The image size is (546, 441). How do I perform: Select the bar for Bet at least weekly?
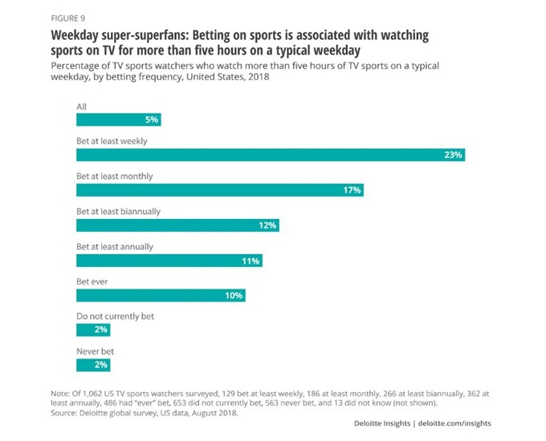270,155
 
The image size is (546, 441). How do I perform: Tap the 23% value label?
453,155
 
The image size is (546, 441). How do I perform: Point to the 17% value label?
352,190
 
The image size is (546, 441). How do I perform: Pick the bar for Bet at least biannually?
177,225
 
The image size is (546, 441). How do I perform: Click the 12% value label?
267,225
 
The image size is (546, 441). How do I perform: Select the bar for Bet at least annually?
169,261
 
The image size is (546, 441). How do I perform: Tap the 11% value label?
251,261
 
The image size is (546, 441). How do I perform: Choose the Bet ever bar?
161,296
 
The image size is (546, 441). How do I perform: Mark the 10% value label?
234,296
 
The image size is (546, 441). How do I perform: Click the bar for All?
119,119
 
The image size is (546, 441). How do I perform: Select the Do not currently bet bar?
92,330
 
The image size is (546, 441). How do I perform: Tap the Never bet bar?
92,365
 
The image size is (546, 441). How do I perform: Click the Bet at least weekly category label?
112,141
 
